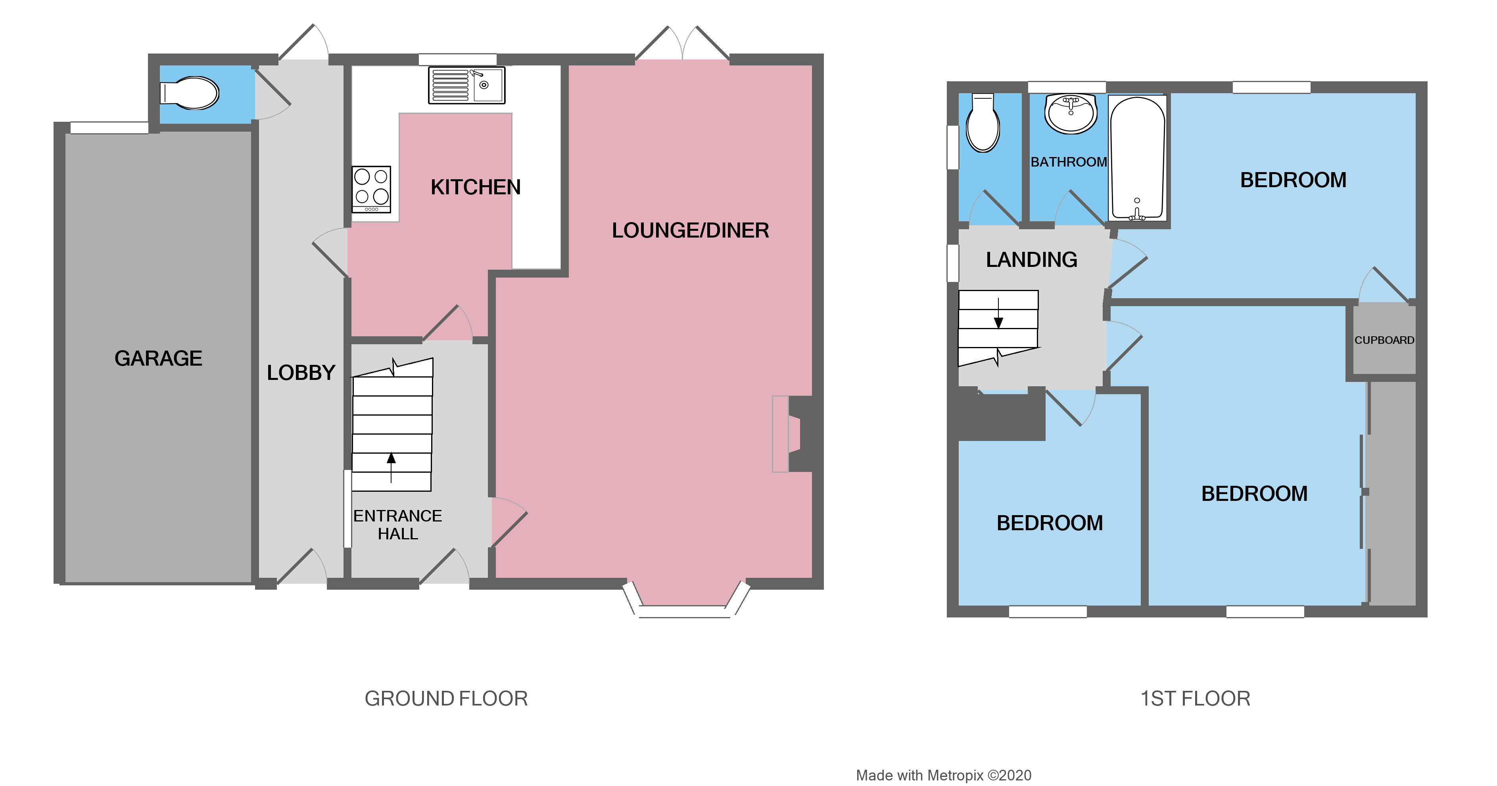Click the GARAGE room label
click(x=158, y=358)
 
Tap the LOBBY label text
click(x=301, y=373)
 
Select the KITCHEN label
click(x=475, y=187)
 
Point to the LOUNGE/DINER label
click(x=690, y=231)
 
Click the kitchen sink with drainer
click(x=466, y=85)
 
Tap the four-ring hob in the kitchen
click(x=371, y=188)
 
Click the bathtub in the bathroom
click(x=1137, y=158)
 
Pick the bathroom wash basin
click(x=1071, y=113)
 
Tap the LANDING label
click(x=1031, y=260)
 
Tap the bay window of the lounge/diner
click(x=686, y=604)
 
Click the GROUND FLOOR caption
click(x=446, y=699)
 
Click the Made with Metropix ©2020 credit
click(x=943, y=776)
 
